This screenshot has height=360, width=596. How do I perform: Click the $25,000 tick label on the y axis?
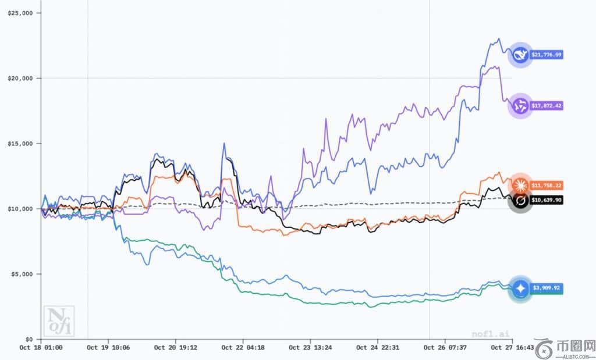(20, 13)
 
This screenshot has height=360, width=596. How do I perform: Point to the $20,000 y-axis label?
(20, 78)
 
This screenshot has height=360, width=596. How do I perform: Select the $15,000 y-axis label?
(20, 143)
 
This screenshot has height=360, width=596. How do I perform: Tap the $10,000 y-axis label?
(20, 208)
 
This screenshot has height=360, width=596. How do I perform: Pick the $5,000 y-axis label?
(22, 273)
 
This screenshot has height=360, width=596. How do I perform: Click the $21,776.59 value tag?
(547, 55)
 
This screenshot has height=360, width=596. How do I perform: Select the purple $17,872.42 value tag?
(547, 106)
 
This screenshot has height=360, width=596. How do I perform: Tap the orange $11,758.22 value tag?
(547, 186)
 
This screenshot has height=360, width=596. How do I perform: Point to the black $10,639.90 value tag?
(547, 200)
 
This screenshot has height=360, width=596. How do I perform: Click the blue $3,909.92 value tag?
(547, 288)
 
